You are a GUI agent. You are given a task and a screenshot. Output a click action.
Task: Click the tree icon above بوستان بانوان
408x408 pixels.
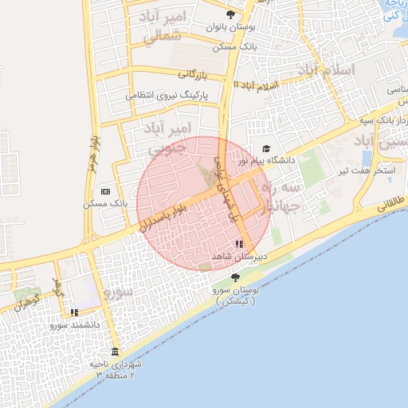(231, 14)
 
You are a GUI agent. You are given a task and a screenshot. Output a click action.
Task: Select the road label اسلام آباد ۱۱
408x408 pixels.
(259, 84)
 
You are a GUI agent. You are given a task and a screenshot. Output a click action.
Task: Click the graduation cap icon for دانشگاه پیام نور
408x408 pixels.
(266, 148)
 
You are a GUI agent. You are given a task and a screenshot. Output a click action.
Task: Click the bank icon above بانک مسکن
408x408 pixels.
(106, 192)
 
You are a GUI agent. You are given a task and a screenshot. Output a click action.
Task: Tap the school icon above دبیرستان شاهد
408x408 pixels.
(239, 244)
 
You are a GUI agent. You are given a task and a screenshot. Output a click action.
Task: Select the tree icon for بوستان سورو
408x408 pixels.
(235, 277)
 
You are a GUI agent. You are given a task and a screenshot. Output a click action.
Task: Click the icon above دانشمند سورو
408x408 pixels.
(74, 312)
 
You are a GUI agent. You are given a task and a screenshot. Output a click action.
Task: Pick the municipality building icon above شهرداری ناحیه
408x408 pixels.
(116, 352)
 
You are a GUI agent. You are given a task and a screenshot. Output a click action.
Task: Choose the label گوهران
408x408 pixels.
(25, 302)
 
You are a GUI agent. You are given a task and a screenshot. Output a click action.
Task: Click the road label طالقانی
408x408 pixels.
(390, 202)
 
